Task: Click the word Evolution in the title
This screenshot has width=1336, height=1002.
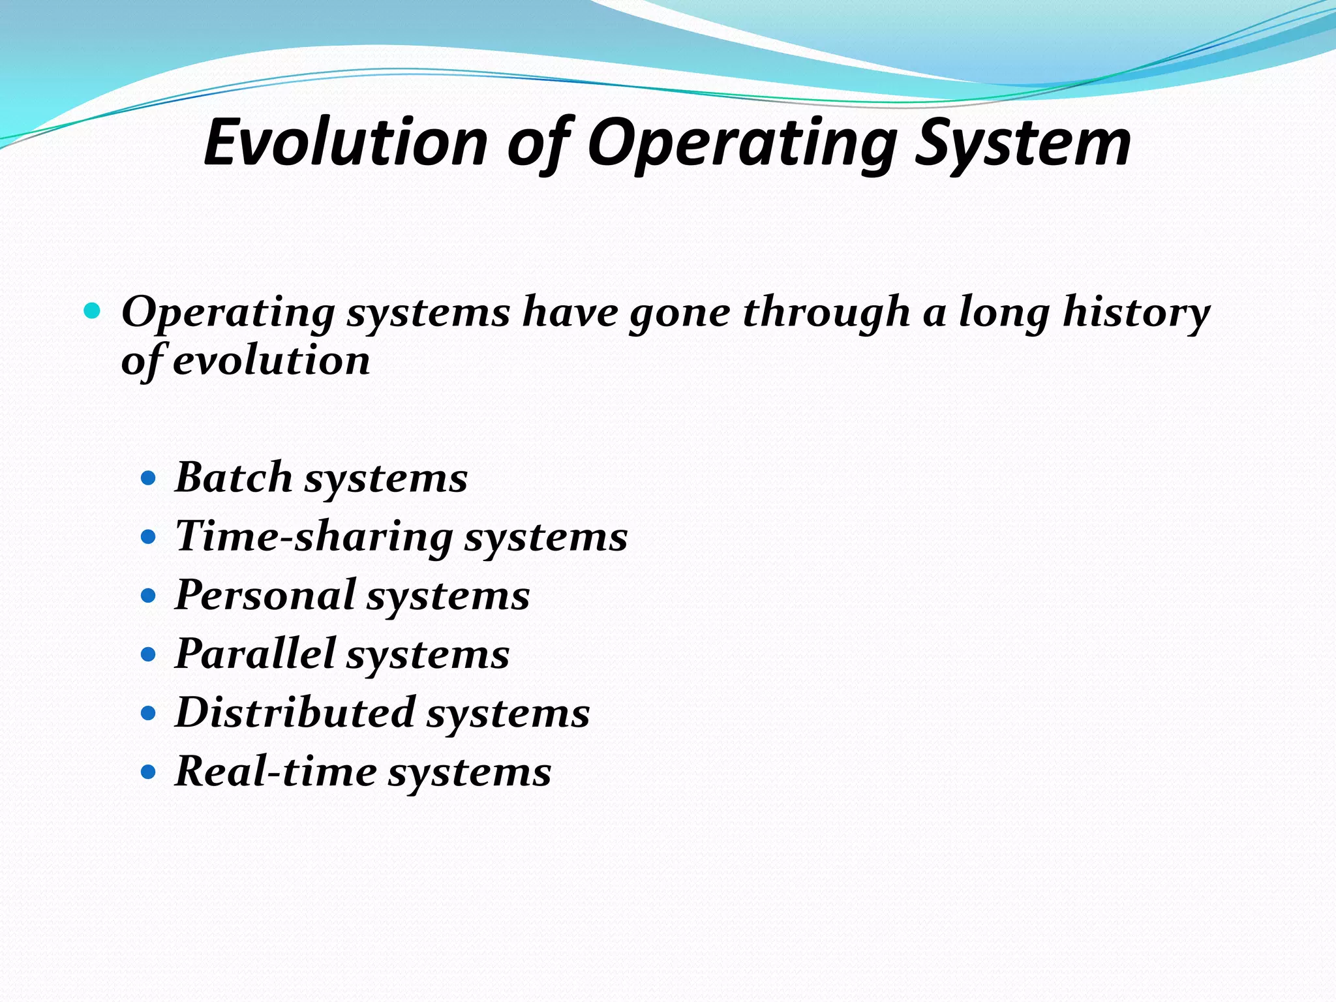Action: pyautogui.click(x=346, y=143)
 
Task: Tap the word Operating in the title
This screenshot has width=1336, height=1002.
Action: pyautogui.click(x=742, y=143)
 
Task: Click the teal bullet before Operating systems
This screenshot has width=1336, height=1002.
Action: pyautogui.click(x=93, y=311)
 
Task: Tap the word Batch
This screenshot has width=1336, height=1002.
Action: pyautogui.click(x=234, y=478)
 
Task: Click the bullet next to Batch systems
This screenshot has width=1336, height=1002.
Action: pyautogui.click(x=149, y=479)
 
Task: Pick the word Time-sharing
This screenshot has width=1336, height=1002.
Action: pyautogui.click(x=313, y=537)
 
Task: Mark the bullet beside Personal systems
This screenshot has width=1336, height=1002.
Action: pyautogui.click(x=149, y=596)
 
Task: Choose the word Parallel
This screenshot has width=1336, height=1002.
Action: pyautogui.click(x=255, y=654)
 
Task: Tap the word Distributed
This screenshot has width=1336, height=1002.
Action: pyautogui.click(x=295, y=712)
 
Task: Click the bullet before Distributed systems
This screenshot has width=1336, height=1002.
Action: pyautogui.click(x=149, y=714)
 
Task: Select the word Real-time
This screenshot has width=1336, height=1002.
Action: pyautogui.click(x=275, y=772)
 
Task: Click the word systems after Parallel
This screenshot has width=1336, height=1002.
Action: pyautogui.click(x=427, y=655)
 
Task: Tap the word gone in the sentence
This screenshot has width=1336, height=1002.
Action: pyautogui.click(x=679, y=312)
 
